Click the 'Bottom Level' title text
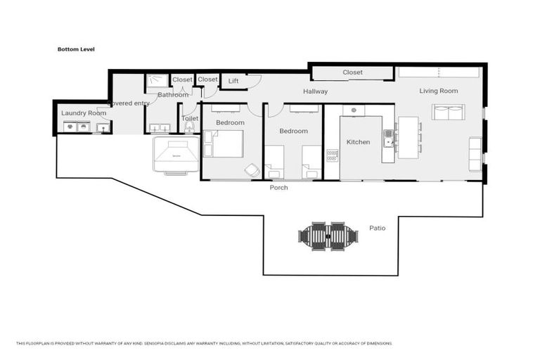point(76,49)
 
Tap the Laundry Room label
point(84,113)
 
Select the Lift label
point(233,82)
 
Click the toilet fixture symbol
point(189,128)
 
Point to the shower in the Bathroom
point(156,82)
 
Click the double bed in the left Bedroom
point(224,143)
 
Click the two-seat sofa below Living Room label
point(448,112)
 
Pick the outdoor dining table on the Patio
point(328,237)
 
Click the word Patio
point(377,228)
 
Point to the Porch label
point(279,188)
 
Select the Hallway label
point(315,91)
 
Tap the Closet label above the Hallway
point(352,72)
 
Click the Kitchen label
point(358,142)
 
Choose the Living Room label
point(438,91)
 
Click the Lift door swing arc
point(254,79)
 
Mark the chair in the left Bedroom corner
point(252,170)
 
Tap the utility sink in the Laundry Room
point(103,127)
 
